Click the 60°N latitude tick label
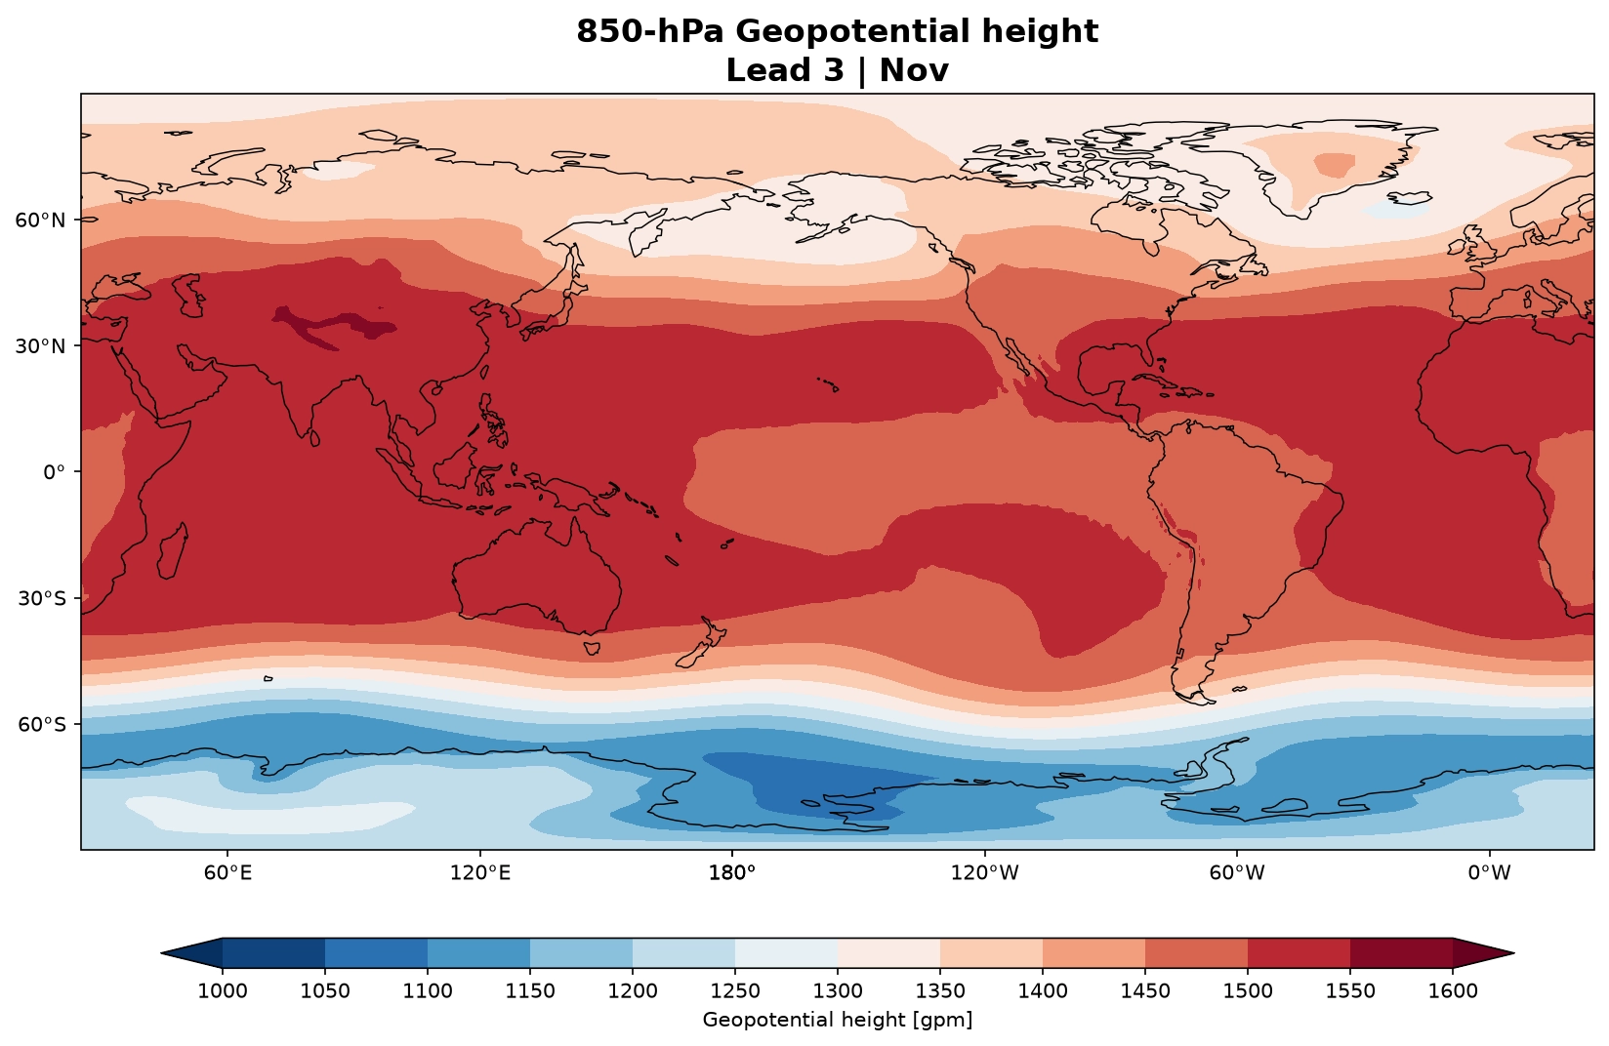[39, 220]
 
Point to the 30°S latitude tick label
[41, 598]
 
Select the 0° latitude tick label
[54, 472]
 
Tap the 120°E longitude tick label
[479, 872]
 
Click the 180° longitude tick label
[732, 872]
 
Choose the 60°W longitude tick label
[1236, 872]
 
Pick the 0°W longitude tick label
[1489, 872]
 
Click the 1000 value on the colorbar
[222, 991]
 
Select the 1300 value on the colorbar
[838, 991]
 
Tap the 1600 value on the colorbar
[1453, 991]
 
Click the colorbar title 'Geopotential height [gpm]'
[838, 1021]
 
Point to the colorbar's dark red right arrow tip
[1513, 953]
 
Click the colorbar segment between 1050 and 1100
[376, 953]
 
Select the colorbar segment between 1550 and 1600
[1401, 953]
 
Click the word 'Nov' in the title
[914, 70]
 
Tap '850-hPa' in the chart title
[649, 31]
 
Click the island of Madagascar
[173, 551]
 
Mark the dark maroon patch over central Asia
[335, 327]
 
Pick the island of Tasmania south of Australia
[592, 648]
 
